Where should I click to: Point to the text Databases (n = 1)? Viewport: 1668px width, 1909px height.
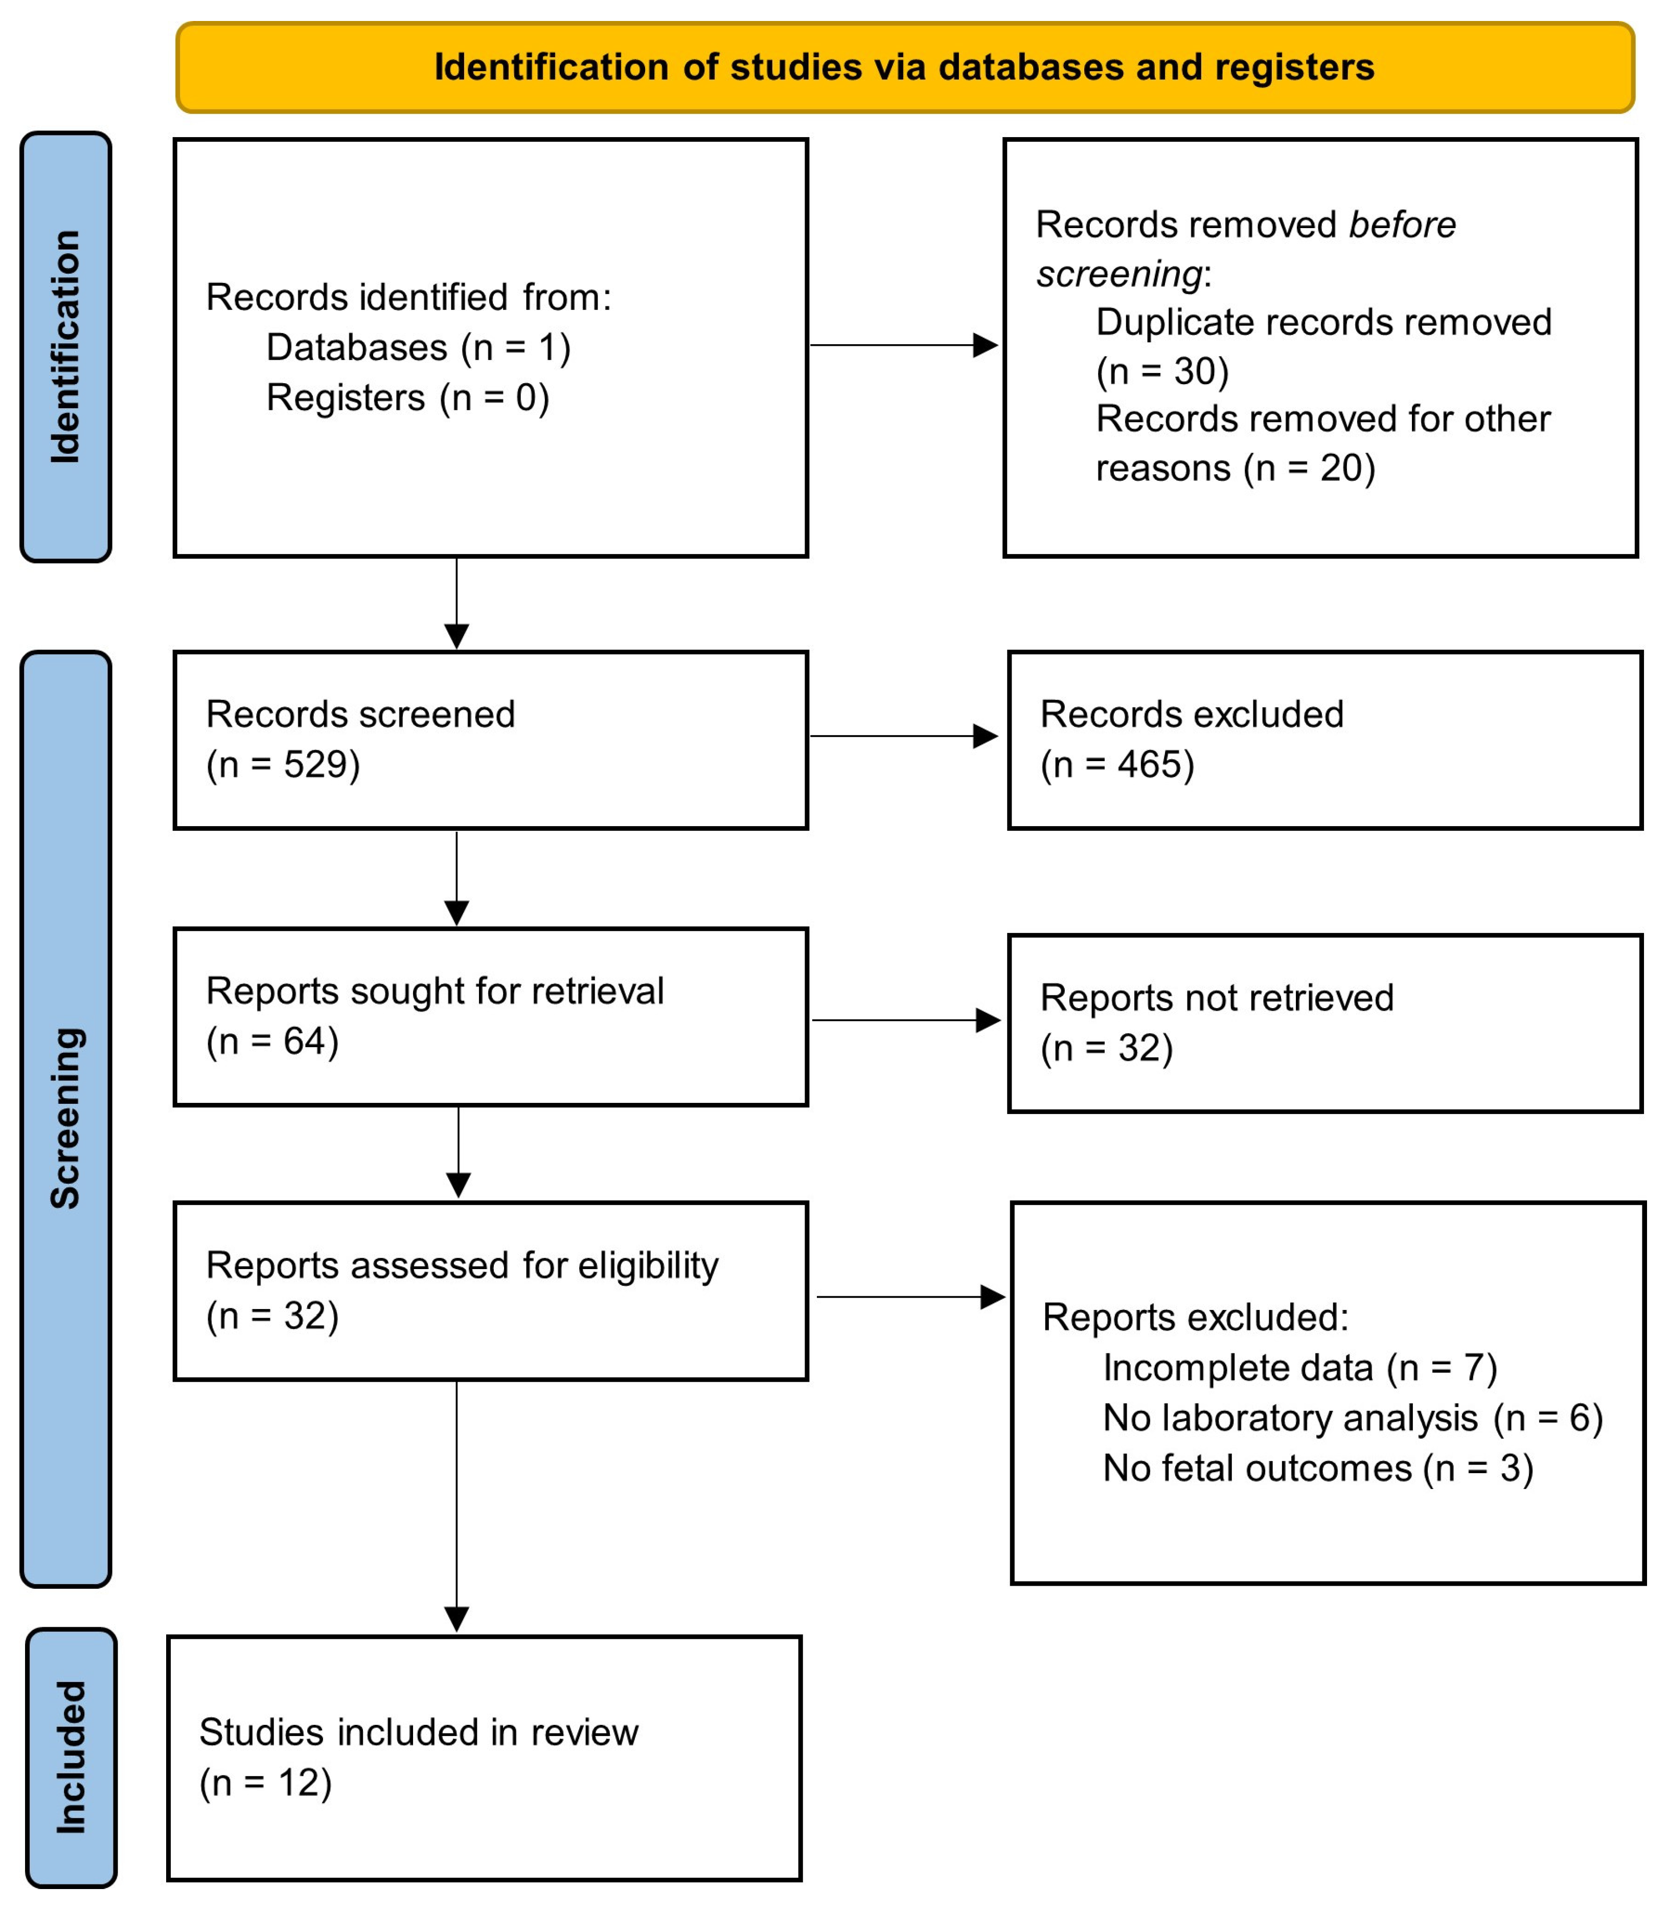(418, 347)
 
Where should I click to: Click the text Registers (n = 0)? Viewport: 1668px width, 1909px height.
(408, 397)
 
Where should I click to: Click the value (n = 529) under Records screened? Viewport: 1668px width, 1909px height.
(283, 765)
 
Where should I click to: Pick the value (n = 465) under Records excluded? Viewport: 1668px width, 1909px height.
(1117, 765)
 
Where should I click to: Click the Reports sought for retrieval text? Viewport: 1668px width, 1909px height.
(435, 991)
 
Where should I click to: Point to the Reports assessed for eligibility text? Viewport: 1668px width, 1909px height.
(462, 1266)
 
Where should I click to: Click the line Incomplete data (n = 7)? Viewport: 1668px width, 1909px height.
(1299, 1368)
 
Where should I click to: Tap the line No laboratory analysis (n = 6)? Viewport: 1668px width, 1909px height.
(1353, 1418)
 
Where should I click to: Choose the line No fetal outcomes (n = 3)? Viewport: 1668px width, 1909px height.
(1317, 1469)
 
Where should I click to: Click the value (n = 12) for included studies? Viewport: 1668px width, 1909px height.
(265, 1782)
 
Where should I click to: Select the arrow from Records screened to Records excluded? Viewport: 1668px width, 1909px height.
(903, 737)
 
